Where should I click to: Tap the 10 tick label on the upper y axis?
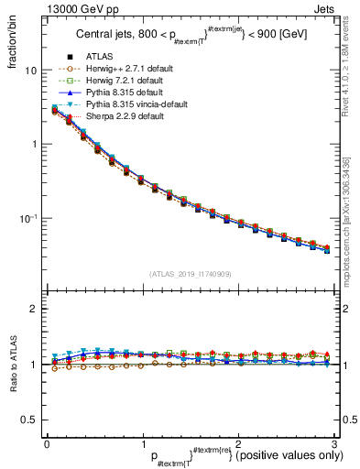pos(30,71)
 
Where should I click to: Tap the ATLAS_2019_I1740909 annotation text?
pos(190,274)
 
